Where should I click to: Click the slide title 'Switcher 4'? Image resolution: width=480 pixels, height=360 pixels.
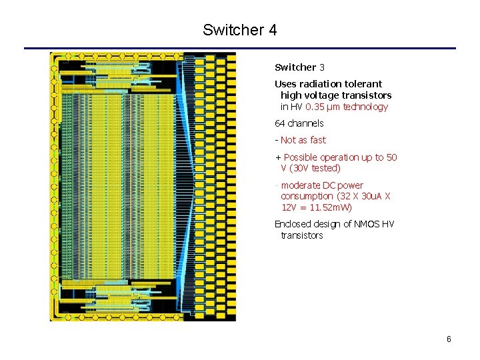point(239,30)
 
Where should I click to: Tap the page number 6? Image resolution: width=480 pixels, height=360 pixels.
point(449,339)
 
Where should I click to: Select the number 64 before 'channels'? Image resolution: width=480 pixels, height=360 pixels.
point(280,123)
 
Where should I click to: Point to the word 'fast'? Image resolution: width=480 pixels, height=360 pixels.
point(318,140)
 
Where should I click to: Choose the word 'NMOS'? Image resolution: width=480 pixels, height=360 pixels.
point(363,224)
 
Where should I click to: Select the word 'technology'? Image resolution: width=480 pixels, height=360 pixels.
point(365,107)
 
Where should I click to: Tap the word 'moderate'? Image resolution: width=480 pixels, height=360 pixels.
point(302,185)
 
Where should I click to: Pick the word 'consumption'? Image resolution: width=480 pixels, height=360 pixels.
point(307,196)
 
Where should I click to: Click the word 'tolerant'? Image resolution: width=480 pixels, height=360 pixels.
point(363,84)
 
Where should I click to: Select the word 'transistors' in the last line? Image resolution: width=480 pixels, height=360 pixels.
point(301,235)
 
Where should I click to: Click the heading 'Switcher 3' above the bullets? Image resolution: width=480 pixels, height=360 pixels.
point(299,67)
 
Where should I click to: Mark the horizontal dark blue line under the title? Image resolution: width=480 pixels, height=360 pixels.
point(239,48)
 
